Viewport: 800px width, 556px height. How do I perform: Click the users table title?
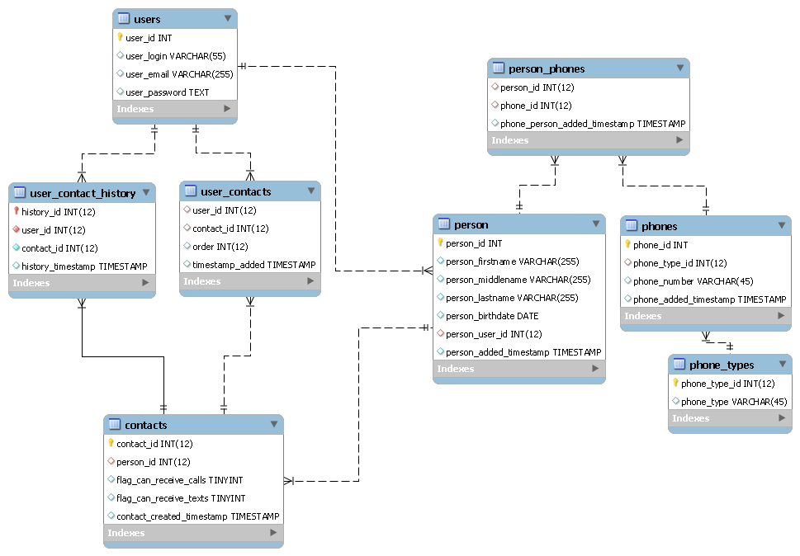coord(147,19)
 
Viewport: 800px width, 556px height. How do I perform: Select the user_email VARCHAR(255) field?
coord(179,74)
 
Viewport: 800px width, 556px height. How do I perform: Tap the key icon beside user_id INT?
coord(121,38)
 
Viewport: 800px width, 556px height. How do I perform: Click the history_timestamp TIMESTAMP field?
coord(84,266)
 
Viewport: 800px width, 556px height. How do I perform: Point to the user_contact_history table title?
coord(83,193)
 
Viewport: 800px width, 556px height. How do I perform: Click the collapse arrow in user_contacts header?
coord(310,191)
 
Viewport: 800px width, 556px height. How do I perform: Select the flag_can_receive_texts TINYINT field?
coord(181,498)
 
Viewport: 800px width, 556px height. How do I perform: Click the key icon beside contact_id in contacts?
coord(111,444)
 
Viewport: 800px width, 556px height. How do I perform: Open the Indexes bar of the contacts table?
coord(193,533)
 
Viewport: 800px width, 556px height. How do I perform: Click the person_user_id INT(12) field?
coord(494,334)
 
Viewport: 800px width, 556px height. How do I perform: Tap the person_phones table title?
coord(547,68)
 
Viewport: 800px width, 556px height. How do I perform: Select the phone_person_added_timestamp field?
coord(593,124)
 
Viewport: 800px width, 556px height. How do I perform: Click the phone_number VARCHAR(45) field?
coord(693,281)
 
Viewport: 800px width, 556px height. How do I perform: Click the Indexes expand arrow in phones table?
coord(780,316)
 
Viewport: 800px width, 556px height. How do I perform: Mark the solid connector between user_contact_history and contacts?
coord(124,356)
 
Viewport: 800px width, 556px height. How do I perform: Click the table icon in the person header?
coord(443,224)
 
